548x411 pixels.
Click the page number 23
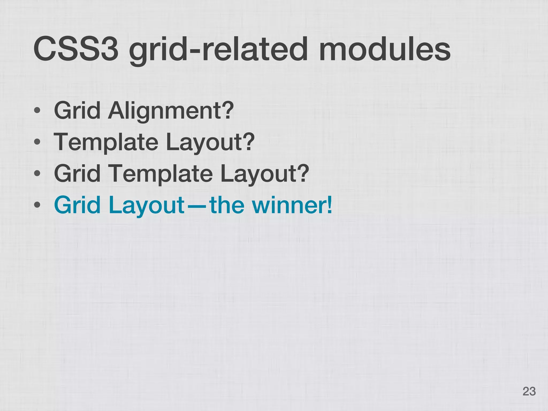(529, 391)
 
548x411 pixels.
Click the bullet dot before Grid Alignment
(37, 111)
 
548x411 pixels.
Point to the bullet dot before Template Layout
(37, 142)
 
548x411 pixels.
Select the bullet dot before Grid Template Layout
(37, 173)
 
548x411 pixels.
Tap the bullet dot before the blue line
(37, 205)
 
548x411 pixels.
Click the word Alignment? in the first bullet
(171, 111)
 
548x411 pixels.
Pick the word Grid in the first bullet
(77, 111)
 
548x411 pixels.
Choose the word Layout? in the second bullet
(210, 142)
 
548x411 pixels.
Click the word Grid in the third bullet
(77, 173)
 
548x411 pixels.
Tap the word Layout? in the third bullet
(265, 173)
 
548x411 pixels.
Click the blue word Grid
(77, 205)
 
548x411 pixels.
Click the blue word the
(227, 205)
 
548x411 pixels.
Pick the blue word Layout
(147, 205)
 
